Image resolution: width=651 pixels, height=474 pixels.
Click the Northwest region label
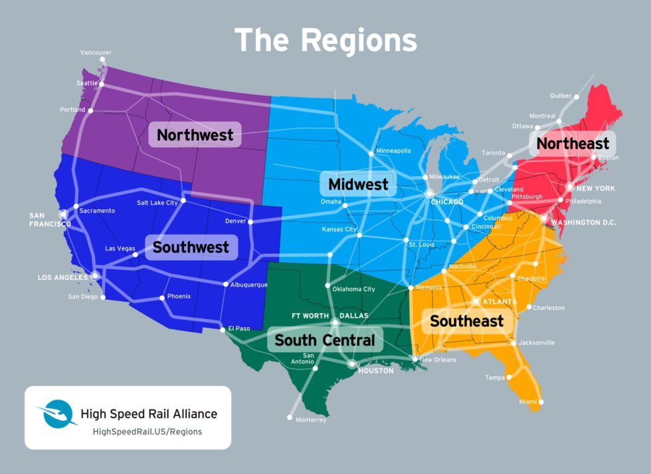[x=195, y=135]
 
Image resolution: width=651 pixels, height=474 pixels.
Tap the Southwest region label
[x=191, y=247]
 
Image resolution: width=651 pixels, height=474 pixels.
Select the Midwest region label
[x=357, y=184]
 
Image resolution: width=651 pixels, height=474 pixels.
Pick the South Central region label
[x=325, y=340]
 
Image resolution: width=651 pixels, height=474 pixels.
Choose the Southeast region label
[x=466, y=321]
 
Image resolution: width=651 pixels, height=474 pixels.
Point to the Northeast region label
[x=572, y=144]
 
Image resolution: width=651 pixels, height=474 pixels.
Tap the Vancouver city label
[x=96, y=52]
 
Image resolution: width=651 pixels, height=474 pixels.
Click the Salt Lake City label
[x=157, y=202]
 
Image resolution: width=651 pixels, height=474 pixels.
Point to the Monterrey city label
[x=310, y=419]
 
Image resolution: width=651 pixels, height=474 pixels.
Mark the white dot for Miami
[x=541, y=402]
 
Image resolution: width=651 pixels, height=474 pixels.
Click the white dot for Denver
[x=250, y=221]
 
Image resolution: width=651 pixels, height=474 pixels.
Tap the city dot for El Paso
[x=222, y=329]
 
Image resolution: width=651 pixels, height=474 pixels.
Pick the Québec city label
[x=561, y=96]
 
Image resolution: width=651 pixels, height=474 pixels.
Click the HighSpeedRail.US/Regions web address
[x=147, y=431]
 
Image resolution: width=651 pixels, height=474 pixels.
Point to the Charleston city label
[x=549, y=308]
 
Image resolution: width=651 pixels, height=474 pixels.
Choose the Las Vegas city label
[x=120, y=249]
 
